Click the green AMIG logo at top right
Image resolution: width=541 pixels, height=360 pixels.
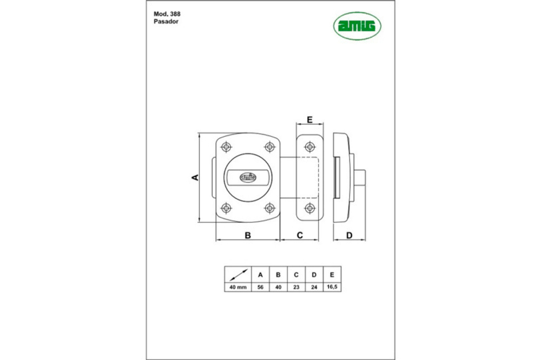357,26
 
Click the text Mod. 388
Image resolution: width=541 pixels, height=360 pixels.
167,14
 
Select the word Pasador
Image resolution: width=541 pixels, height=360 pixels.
166,22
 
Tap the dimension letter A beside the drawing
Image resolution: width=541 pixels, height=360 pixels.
195,177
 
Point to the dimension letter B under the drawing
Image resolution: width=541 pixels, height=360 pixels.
248,235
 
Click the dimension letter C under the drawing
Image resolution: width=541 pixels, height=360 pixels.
300,235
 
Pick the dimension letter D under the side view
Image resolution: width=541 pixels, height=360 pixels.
349,236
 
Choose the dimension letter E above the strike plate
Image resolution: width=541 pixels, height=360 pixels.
309,119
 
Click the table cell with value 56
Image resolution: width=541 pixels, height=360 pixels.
261,287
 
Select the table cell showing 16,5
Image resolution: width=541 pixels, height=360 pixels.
332,287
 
